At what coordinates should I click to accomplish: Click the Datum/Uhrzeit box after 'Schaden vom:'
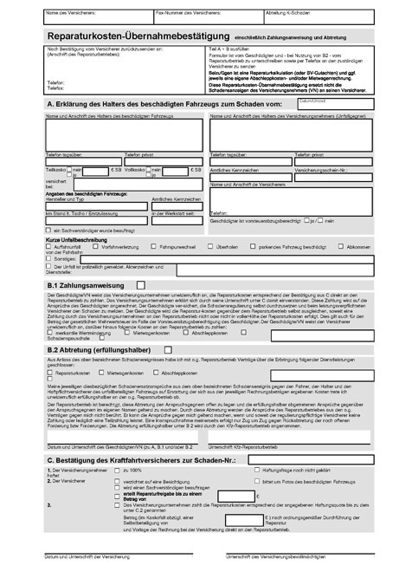pos(346,105)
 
